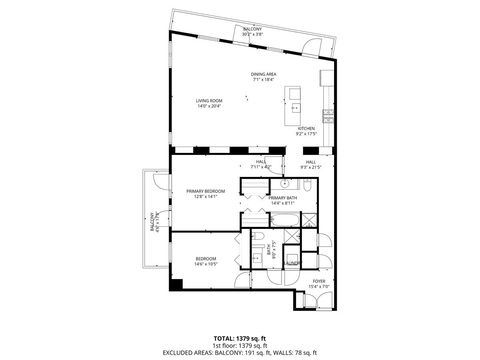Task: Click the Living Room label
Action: point(208,100)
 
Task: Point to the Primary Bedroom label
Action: point(206,191)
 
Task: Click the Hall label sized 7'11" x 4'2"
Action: point(260,165)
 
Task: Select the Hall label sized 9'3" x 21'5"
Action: point(311,165)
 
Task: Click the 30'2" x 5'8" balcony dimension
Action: point(254,34)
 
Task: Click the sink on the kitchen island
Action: point(295,98)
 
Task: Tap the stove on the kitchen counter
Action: point(325,78)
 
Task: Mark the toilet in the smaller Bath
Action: point(258,238)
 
